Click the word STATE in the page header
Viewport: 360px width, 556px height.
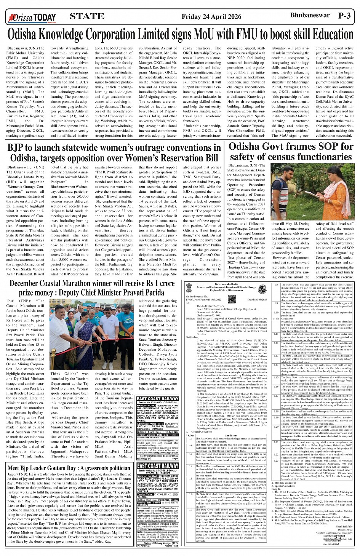[x=87, y=16]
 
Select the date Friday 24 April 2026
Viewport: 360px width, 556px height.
[x=211, y=16]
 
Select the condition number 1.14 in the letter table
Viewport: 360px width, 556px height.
[x=277, y=365]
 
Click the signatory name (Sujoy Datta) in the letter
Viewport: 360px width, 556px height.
[x=345, y=529]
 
